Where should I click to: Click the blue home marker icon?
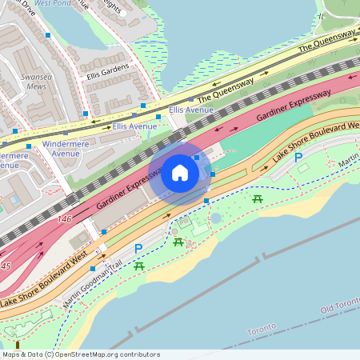tap(180, 172)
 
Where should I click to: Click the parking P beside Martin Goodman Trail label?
tap(138, 249)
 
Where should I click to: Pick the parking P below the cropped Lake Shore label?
tap(298, 158)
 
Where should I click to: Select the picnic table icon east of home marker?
tap(258, 198)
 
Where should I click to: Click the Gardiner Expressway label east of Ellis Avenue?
tap(294, 106)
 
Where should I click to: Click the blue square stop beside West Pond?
tap(49, 35)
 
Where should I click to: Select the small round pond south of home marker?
tap(215, 218)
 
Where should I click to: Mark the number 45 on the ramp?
tap(6, 266)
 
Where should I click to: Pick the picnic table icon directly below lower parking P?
tap(139, 265)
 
